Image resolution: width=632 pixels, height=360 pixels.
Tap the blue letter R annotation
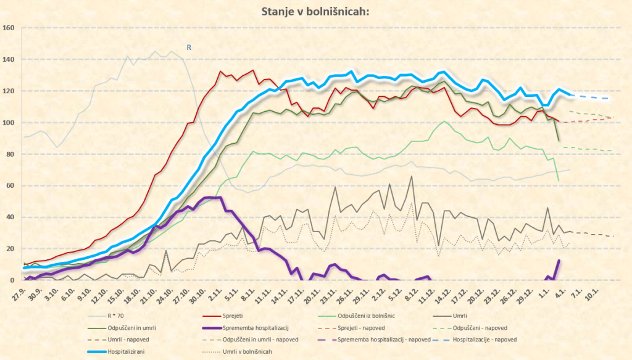click(189, 46)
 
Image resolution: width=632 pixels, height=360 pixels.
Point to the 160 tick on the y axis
click(9, 28)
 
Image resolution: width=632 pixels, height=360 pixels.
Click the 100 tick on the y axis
click(9, 122)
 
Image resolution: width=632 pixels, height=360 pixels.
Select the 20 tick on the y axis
click(10, 248)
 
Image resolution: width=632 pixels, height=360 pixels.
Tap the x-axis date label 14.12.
click(441, 291)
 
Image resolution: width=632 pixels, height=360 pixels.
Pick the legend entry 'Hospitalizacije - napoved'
click(484, 340)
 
